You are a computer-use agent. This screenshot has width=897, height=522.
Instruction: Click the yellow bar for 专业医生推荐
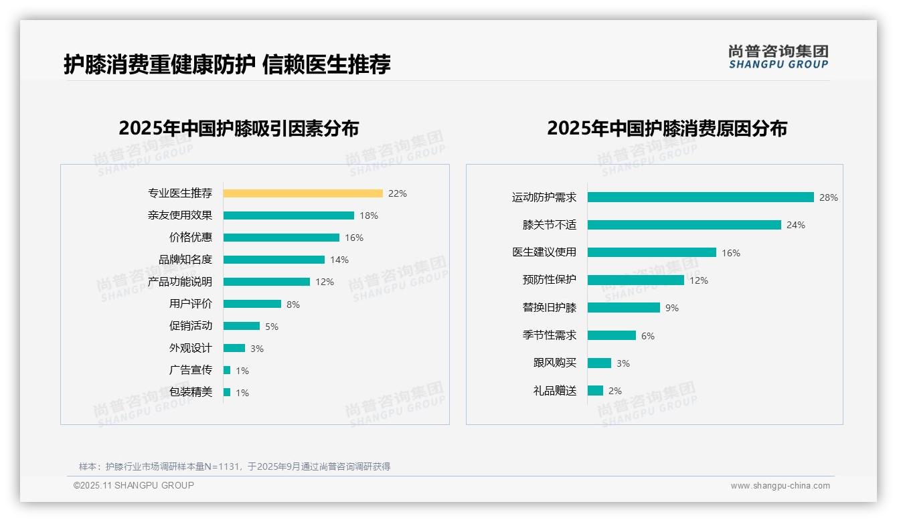click(303, 193)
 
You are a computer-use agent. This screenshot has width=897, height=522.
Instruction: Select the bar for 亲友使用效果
click(289, 215)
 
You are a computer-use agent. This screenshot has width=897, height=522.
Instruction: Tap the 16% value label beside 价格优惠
click(354, 238)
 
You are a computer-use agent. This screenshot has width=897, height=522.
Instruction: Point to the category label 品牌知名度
click(185, 260)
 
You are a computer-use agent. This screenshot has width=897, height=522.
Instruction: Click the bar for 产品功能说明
click(266, 282)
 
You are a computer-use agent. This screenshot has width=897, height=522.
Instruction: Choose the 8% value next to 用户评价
click(293, 304)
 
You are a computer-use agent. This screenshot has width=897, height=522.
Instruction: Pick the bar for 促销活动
click(242, 326)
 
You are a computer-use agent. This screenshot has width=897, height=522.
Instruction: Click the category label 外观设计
click(191, 348)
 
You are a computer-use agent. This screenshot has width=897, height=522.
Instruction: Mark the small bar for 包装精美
click(227, 392)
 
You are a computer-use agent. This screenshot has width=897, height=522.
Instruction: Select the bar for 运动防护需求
click(700, 197)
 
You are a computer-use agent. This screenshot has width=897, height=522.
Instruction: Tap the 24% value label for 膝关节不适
click(796, 226)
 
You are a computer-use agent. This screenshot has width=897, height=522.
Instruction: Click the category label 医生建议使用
click(544, 252)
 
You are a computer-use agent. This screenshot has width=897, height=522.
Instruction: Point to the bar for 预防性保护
click(636, 280)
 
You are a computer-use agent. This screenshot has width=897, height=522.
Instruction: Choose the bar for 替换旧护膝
click(624, 308)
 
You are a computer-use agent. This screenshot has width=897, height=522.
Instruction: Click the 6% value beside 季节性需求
click(648, 336)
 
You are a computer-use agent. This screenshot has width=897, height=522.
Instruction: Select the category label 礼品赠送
click(555, 391)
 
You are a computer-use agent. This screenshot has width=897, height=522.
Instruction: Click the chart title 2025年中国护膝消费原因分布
click(667, 128)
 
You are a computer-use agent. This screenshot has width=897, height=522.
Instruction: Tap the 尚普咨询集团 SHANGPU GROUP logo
click(779, 56)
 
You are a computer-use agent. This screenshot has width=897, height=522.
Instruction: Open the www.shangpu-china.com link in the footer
click(780, 486)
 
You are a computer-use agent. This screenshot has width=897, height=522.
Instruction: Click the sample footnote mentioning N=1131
click(234, 466)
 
